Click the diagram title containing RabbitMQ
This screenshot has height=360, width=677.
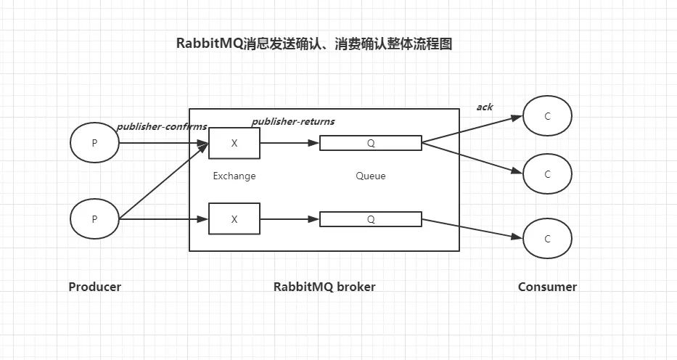pyautogui.click(x=314, y=44)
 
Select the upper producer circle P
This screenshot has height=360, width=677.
pyautogui.click(x=94, y=143)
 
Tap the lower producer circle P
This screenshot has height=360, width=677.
pyautogui.click(x=94, y=218)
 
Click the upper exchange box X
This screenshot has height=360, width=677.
pyautogui.click(x=234, y=143)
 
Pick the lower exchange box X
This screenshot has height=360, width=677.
pyautogui.click(x=234, y=218)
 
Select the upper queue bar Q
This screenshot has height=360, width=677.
pyautogui.click(x=371, y=143)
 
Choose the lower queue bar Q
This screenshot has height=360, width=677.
pyautogui.click(x=371, y=218)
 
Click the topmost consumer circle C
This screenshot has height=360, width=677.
pyautogui.click(x=547, y=116)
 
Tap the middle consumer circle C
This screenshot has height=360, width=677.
pyautogui.click(x=547, y=174)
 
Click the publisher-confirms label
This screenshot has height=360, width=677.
pyautogui.click(x=162, y=126)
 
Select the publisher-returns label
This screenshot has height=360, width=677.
pyautogui.click(x=293, y=121)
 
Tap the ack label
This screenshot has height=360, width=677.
pyautogui.click(x=485, y=107)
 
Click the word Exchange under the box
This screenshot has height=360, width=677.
pyautogui.click(x=234, y=176)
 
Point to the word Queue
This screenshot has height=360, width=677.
pyautogui.click(x=371, y=176)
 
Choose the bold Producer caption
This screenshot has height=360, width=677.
pyautogui.click(x=95, y=287)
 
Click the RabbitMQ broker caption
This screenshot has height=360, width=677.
pyautogui.click(x=324, y=287)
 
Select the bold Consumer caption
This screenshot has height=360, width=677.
pyautogui.click(x=547, y=287)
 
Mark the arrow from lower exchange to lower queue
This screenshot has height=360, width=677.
pyautogui.click(x=290, y=218)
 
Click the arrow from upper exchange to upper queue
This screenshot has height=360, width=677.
pyautogui.click(x=290, y=143)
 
